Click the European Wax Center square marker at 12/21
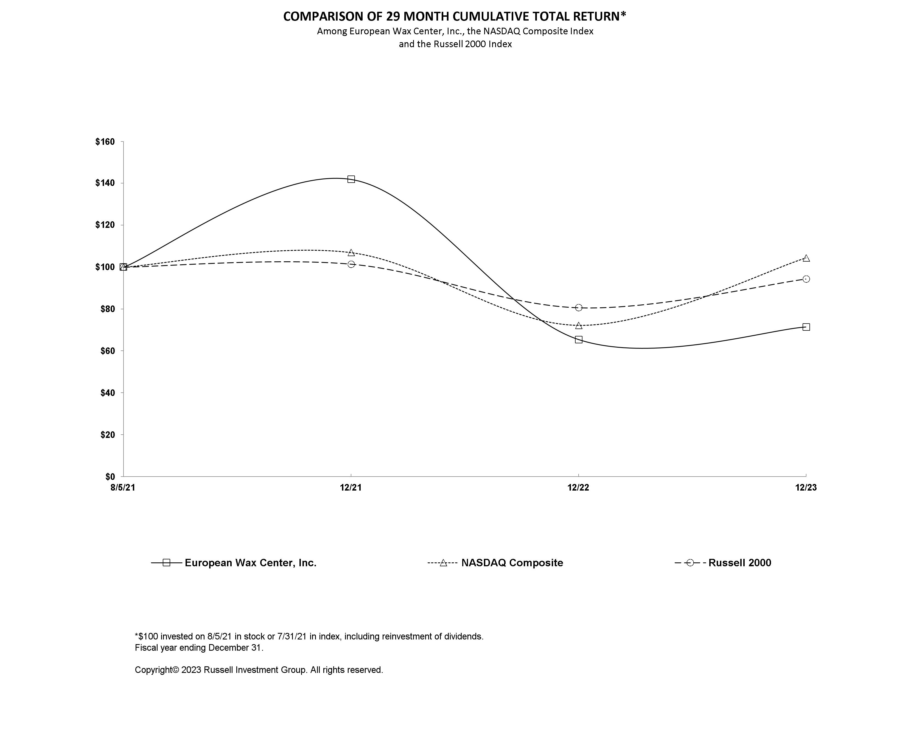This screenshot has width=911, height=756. [351, 179]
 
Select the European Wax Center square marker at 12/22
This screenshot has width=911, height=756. [578, 339]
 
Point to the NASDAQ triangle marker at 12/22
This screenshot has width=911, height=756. [578, 325]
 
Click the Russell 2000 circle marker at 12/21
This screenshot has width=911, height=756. [351, 264]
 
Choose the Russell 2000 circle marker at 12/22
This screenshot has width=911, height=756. [578, 308]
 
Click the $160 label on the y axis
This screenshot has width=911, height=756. [105, 142]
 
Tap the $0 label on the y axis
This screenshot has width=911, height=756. [110, 476]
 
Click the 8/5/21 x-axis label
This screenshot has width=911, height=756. [123, 488]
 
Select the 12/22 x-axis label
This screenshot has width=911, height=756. [578, 488]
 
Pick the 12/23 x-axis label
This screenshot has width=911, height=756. [806, 488]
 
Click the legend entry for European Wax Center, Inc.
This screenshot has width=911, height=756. [250, 563]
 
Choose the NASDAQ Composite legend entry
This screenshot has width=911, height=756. [512, 563]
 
